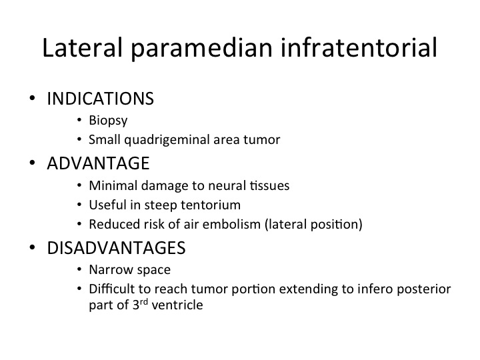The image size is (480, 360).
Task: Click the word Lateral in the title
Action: coord(82,47)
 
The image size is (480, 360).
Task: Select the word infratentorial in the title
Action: coord(359,47)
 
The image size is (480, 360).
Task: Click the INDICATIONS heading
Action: coord(100,99)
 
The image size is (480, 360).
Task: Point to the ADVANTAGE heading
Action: coord(98,163)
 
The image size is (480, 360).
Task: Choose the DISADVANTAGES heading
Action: coord(116,247)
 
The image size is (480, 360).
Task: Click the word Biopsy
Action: coord(108,121)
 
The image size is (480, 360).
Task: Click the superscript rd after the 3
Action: coord(144,302)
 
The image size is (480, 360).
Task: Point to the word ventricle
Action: coord(177,305)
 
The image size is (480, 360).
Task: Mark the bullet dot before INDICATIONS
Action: coord(32,99)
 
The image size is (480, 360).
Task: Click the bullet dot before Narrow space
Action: coord(79,269)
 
